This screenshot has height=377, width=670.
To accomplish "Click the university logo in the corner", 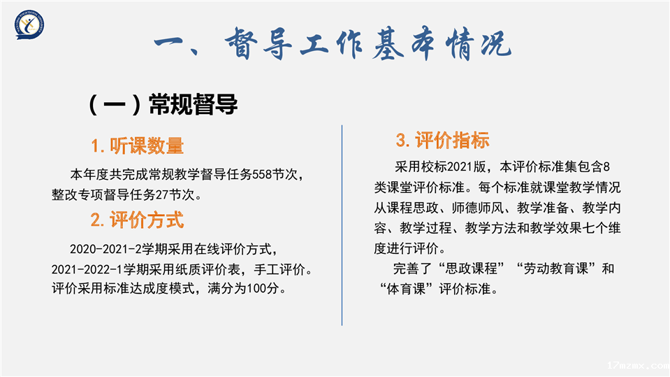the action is [29, 24].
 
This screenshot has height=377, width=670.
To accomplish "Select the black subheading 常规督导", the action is [193, 104].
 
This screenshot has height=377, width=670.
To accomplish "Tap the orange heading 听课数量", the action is [147, 146].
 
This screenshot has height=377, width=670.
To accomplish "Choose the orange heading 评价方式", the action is [147, 220].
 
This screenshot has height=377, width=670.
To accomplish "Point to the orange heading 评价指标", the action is [452, 141].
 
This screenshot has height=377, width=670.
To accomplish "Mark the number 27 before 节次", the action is [162, 194].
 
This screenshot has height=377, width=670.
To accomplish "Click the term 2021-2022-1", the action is [87, 269].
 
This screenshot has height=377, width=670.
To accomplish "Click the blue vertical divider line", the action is [342, 225].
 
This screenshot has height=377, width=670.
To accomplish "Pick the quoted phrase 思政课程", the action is [472, 269].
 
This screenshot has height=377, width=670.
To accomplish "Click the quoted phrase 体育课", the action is [406, 289].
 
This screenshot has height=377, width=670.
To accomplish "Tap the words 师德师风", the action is [478, 208].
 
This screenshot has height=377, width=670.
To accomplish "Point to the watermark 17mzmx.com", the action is [638, 365].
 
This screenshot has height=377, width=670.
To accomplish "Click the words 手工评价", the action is [279, 269].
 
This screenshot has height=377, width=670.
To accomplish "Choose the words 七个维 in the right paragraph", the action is [602, 228].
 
